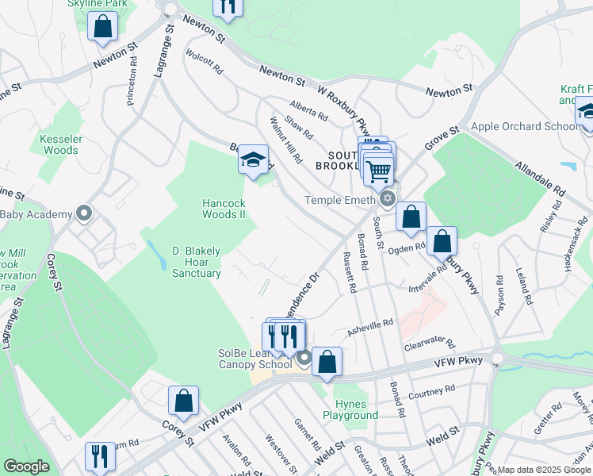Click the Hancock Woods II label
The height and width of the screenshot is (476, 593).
pos(224,209)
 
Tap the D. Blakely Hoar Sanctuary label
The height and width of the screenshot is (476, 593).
pos(196,263)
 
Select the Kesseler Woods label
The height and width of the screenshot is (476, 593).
pos(61,144)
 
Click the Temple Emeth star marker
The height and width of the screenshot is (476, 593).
pos(388,198)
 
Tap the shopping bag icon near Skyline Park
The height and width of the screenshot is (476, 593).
pos(103,26)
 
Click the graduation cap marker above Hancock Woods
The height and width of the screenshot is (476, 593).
pos(253,161)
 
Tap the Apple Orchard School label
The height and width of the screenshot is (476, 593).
pos(525,126)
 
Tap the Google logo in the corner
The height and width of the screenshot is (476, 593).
pos(26,466)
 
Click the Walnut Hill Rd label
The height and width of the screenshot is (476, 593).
pos(286,140)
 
